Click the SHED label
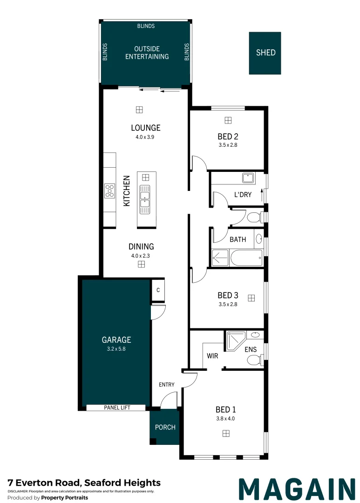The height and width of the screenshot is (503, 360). coord(265,53)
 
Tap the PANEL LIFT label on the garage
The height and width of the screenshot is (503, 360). coord(117,408)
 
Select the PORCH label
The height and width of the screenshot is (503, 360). coord(165,427)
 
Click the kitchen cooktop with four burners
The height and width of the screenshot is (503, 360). coord(110,190)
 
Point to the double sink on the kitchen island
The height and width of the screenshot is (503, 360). coord(145,199)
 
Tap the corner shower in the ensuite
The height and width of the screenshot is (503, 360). coord(236,341)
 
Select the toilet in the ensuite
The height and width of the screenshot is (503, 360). coord(255,360)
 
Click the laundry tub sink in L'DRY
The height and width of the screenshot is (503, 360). coord(248,178)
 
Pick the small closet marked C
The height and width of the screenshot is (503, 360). coord(158,290)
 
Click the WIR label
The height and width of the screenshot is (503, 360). coord(212,356)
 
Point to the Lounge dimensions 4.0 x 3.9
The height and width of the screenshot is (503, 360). coord(145,137)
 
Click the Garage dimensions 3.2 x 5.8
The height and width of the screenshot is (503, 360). coord(116,349)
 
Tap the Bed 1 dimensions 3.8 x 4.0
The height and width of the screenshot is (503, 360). coord(225,418)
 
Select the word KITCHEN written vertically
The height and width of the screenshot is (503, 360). coord(127,191)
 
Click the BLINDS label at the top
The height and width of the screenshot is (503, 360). coord(146,26)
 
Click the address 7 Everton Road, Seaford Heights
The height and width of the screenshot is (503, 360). coord(84,483)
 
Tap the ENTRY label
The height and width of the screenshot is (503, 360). coord(167,384)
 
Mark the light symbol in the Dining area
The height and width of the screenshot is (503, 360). coord(141,265)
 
